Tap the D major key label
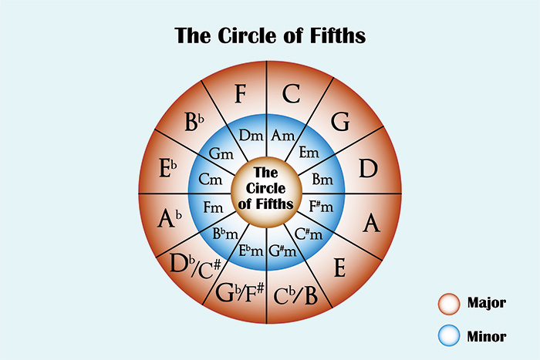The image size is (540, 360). point(366,169)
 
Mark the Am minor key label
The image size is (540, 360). point(282,136)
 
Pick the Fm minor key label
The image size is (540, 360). point(214,207)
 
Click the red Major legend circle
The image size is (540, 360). point(448,302)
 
